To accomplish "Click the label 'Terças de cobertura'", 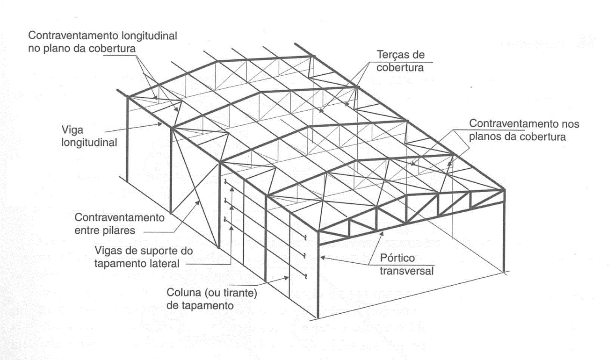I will coord(401,61).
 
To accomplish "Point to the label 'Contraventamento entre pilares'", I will coord(120,223).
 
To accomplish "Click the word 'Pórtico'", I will coord(397,258).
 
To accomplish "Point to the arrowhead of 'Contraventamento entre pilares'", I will coord(201,202).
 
